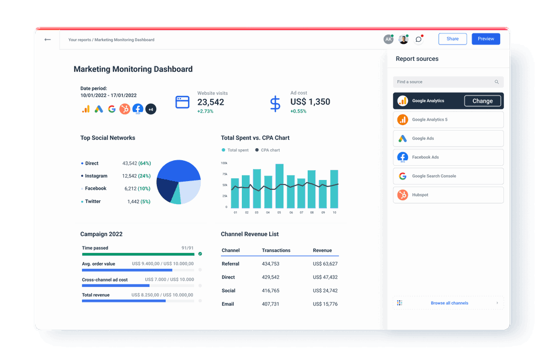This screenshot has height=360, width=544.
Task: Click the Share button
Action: click(452, 39)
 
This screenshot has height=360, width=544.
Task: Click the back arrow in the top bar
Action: click(48, 40)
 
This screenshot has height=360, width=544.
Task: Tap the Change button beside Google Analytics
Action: click(483, 101)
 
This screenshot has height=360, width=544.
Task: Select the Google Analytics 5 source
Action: click(448, 120)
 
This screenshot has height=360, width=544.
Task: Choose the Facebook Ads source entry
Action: click(448, 157)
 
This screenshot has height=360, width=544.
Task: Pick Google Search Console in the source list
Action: click(448, 176)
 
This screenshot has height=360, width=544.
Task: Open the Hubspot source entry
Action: click(448, 195)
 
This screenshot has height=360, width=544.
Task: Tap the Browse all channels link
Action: click(449, 303)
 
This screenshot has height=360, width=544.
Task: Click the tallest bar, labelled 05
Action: click(279, 185)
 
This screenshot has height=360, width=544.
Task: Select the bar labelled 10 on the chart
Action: click(334, 188)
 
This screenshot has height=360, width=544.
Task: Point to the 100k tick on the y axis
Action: click(224, 163)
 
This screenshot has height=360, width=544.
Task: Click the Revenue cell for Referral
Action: click(325, 264)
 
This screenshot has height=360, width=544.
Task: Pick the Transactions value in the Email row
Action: click(270, 304)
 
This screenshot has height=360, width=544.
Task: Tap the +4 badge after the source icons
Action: click(151, 109)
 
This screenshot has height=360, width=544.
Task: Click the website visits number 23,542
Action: click(211, 102)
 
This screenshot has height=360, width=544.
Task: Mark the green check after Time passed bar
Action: click(200, 254)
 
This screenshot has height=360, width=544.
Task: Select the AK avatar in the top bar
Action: click(388, 40)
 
